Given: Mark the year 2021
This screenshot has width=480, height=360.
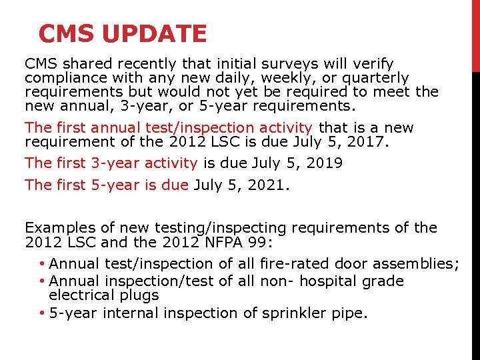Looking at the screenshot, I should pyautogui.click(x=267, y=185).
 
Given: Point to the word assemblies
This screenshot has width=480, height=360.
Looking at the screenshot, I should pyautogui.click(x=417, y=264).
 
